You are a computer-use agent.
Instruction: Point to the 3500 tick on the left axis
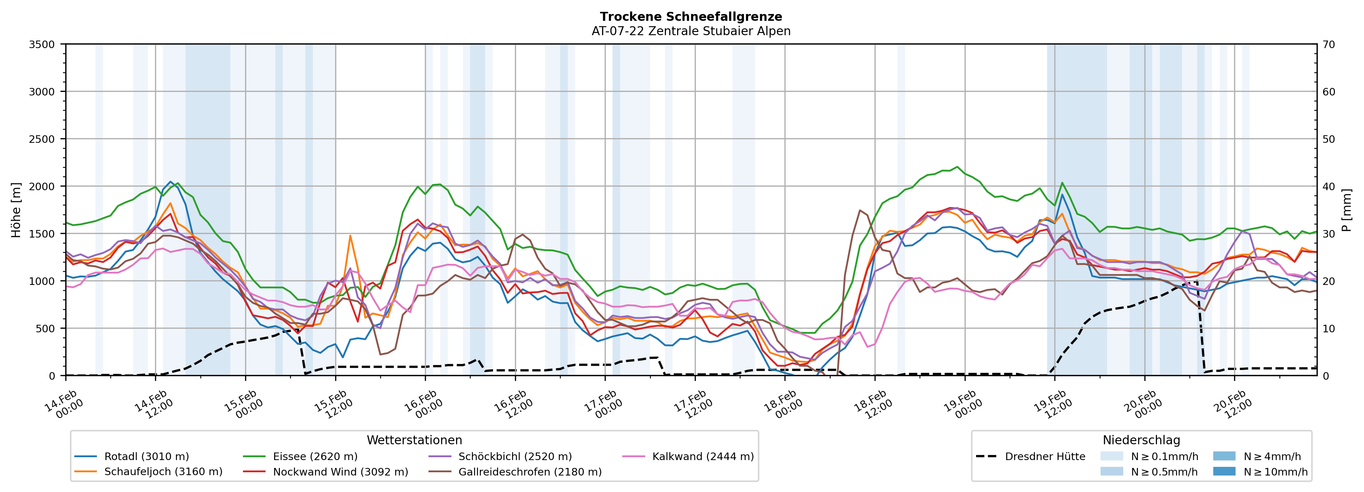(x=42, y=44)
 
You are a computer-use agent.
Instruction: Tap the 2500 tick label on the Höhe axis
(x=42, y=139)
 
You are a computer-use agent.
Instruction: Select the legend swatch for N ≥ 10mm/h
(x=1224, y=471)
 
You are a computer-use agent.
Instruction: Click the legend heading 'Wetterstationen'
(x=414, y=440)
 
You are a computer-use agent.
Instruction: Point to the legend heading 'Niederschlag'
(x=1141, y=440)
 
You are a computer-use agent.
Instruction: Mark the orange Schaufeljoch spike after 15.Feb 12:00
(x=350, y=236)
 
